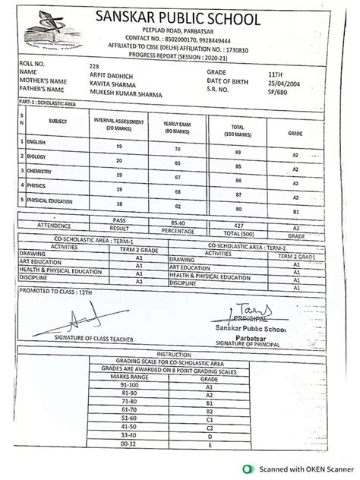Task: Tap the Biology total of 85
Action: pos(239,166)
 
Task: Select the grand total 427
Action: pos(238,225)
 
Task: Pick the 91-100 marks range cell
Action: pos(141,386)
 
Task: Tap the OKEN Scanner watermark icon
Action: pos(247,470)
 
